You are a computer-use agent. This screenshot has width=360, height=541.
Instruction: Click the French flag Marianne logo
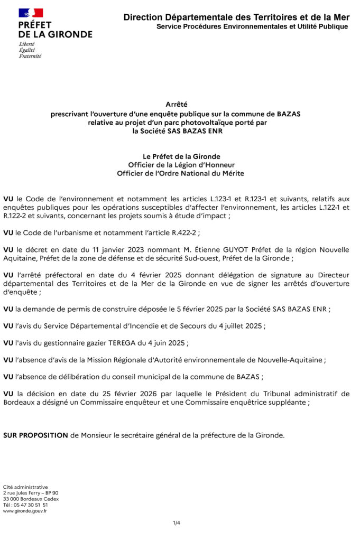[x=31, y=13]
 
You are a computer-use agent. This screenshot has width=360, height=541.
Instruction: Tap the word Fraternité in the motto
[x=30, y=56]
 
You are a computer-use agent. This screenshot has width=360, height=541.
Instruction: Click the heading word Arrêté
[x=177, y=105]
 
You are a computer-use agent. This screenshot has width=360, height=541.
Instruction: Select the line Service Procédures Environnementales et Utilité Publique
[x=252, y=26]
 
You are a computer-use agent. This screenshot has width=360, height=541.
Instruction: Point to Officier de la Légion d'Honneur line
[x=180, y=165]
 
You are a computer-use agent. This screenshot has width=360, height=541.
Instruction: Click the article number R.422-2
[x=185, y=233]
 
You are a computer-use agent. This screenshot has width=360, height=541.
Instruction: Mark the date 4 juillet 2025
[x=238, y=326]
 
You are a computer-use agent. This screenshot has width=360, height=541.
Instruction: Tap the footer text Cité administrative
[x=25, y=487]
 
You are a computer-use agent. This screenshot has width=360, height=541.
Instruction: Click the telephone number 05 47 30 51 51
[x=32, y=505]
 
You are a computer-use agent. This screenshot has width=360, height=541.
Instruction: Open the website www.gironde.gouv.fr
[x=25, y=511]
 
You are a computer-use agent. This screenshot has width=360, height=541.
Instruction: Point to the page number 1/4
[x=177, y=523]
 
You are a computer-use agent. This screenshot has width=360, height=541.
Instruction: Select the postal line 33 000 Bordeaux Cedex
[x=31, y=499]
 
